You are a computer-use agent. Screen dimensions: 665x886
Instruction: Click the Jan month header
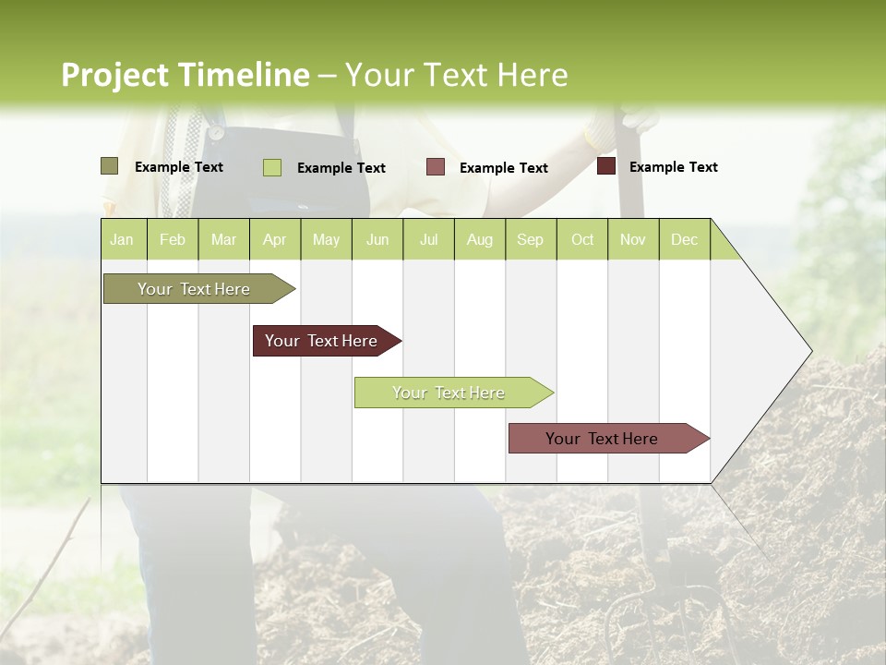(122, 239)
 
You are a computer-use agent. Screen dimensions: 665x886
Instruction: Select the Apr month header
(274, 239)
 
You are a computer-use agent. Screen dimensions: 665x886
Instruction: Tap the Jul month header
(428, 239)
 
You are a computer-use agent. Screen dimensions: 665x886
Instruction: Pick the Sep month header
(530, 239)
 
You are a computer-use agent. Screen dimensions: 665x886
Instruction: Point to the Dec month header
(684, 239)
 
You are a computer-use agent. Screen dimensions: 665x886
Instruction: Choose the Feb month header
(173, 239)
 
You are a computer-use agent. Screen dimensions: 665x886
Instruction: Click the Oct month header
(582, 239)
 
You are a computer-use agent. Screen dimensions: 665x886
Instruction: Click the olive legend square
(109, 166)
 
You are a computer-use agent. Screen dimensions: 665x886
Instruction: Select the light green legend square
(272, 167)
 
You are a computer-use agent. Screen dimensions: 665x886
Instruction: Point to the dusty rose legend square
(436, 167)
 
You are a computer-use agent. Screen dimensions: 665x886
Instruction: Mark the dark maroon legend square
(606, 166)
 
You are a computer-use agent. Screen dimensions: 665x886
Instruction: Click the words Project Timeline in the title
(186, 75)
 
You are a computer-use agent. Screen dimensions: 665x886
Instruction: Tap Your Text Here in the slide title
(456, 75)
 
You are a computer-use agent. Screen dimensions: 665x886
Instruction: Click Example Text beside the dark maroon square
(673, 167)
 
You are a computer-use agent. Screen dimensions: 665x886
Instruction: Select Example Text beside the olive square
(179, 167)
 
